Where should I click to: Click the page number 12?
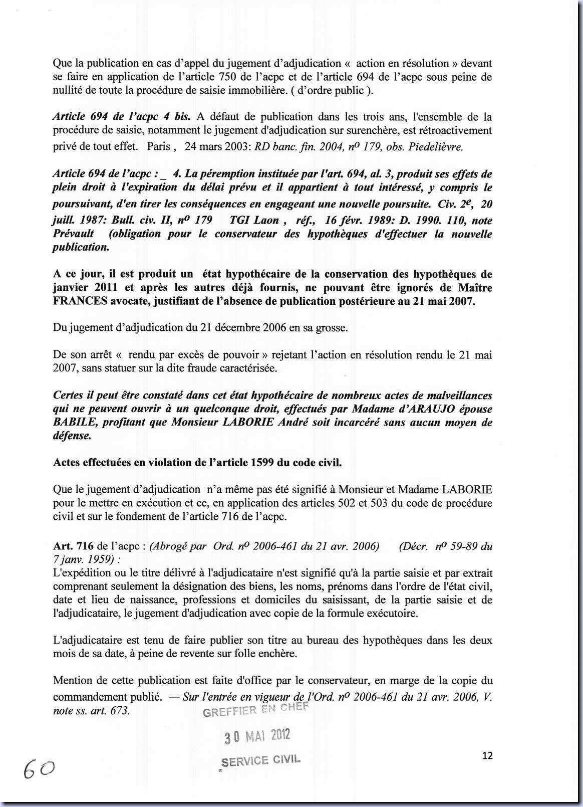click(x=487, y=755)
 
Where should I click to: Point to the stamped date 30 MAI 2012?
click(x=257, y=736)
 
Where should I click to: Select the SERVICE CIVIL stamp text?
click(x=260, y=760)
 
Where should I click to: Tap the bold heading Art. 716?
click(x=73, y=546)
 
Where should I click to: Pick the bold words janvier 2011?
click(x=85, y=288)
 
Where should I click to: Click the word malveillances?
click(x=456, y=395)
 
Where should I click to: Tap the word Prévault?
click(x=73, y=234)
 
